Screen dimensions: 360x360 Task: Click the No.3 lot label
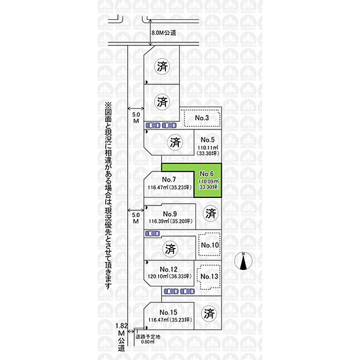tap(201, 118)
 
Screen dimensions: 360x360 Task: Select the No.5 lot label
tap(208, 140)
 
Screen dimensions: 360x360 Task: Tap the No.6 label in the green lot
tap(207, 174)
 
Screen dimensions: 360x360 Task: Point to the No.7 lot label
tap(170, 179)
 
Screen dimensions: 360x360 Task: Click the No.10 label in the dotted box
tap(210, 245)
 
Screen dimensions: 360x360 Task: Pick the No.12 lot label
tap(170, 269)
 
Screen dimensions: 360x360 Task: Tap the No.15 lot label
tap(170, 312)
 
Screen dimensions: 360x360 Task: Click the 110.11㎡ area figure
tap(208, 148)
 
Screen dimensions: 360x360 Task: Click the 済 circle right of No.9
tap(211, 214)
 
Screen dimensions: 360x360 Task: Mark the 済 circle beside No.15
tap(209, 314)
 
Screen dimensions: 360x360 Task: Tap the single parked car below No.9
tap(152, 233)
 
